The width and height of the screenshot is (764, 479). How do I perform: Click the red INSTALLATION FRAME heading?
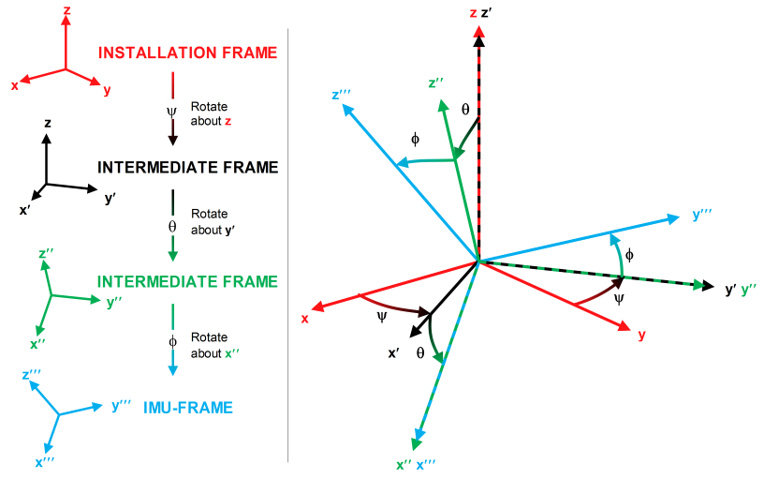(187, 52)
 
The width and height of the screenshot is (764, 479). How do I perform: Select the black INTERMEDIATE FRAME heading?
(187, 168)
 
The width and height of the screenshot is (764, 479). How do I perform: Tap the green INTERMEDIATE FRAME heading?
(187, 281)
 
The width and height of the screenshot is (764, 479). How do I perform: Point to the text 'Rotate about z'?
(209, 113)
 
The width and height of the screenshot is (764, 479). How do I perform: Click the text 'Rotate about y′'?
(209, 221)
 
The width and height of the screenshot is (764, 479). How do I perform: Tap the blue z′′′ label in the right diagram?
(341, 95)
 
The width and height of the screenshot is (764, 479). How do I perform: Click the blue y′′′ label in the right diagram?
(702, 215)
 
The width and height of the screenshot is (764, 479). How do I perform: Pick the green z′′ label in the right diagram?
(436, 83)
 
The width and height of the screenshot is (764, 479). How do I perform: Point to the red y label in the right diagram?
(641, 335)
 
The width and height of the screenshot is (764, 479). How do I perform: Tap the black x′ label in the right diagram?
(394, 353)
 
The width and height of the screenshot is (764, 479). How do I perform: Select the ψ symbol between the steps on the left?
(171, 110)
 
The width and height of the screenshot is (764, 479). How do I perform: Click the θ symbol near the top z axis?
(465, 110)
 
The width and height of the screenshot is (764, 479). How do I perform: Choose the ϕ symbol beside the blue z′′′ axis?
(416, 140)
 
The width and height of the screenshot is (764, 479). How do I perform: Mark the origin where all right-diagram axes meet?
(478, 260)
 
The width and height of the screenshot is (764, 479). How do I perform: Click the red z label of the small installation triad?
(66, 9)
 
